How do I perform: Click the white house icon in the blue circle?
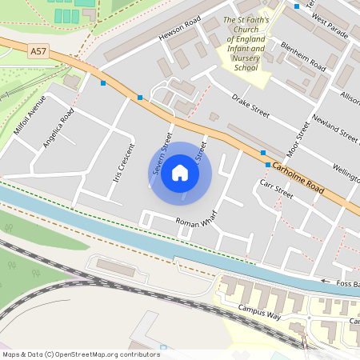(x=180, y=173)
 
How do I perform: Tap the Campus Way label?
(x=259, y=311)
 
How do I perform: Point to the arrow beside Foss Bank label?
(x=326, y=281)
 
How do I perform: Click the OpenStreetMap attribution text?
(x=80, y=354)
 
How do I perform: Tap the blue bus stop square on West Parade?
(x=297, y=6)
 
